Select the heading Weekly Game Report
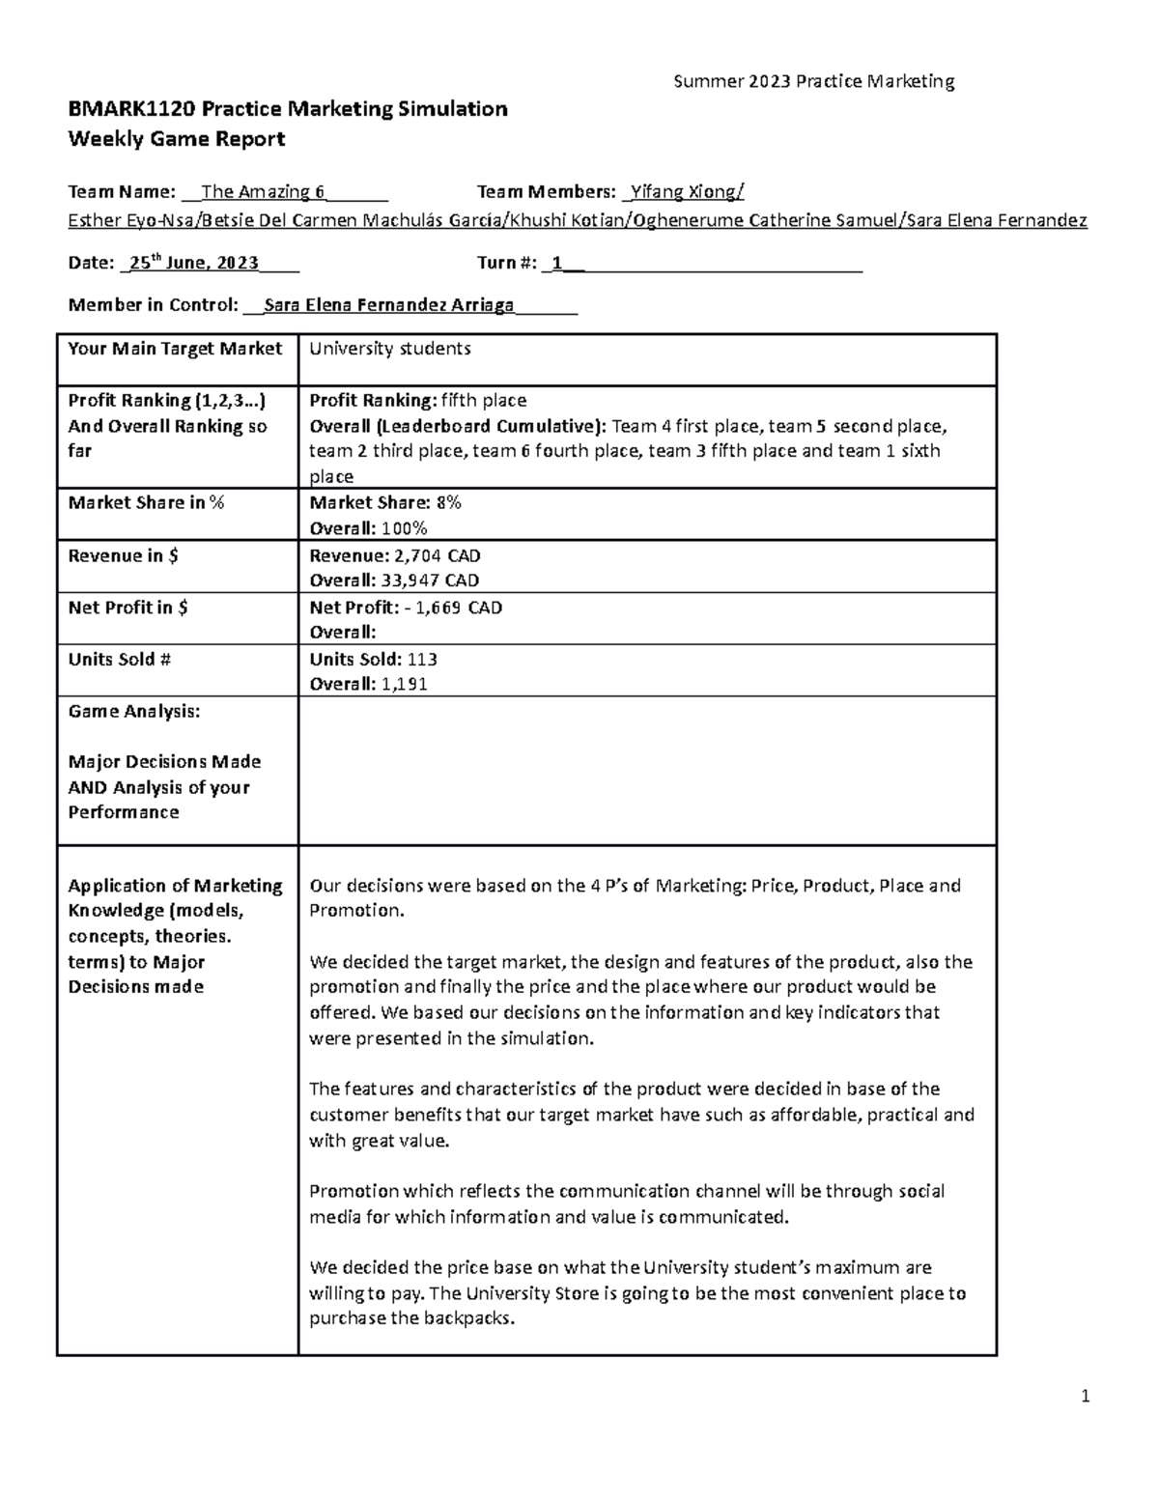pos(176,139)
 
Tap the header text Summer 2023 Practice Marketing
pos(813,81)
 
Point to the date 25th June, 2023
pos(194,263)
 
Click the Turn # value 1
pos(556,263)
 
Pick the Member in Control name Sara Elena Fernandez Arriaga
pos(389,305)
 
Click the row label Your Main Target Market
pos(175,349)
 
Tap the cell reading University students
pos(389,349)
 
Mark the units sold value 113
pos(422,660)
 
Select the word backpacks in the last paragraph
pos(475,1318)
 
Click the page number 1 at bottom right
pos(1086,1396)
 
